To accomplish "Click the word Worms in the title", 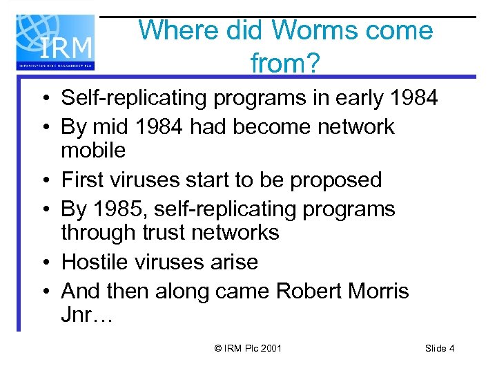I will click(315, 30).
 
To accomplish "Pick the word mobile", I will click(93, 150).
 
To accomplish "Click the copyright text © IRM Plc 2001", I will click(248, 348).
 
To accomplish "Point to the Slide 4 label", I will click(440, 348).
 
